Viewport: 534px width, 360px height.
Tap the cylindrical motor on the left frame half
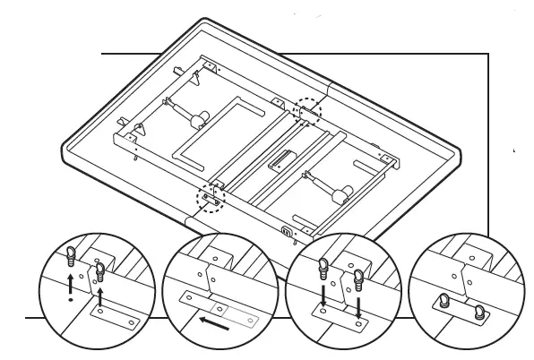[201, 117]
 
